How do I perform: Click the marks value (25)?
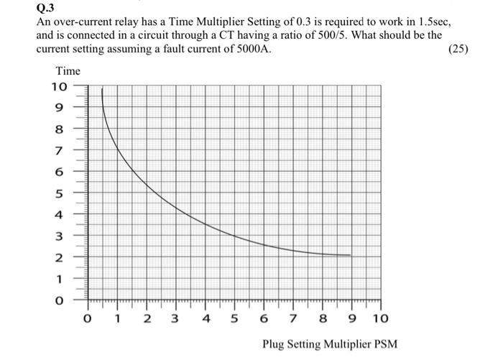point(458,50)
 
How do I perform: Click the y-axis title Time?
point(68,71)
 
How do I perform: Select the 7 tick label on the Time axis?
point(60,151)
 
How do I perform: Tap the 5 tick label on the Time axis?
point(60,193)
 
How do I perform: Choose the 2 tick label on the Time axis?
point(60,257)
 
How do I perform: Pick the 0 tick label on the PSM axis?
point(88,317)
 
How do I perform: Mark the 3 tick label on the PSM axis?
point(175,317)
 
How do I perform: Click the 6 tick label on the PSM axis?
point(264,317)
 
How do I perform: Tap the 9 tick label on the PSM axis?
point(351,317)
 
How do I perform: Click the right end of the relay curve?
point(351,255)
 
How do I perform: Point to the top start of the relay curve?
point(103,88)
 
